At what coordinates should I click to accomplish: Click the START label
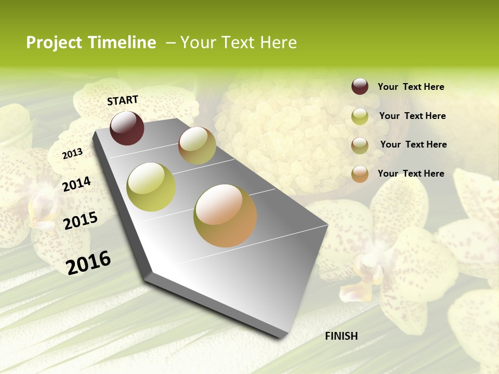[x=123, y=100]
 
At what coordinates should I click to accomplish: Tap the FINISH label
[x=341, y=336]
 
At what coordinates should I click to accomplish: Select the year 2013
[x=72, y=154]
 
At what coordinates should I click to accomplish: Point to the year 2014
[x=76, y=184]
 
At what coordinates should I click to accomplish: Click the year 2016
[x=88, y=262]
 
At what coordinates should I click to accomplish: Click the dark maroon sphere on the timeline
[x=127, y=128]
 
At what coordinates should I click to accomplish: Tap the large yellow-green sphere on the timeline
[x=151, y=187]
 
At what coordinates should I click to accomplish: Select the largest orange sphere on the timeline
[x=225, y=216]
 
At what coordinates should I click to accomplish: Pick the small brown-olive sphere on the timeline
[x=197, y=145]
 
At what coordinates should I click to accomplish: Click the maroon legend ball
[x=360, y=86]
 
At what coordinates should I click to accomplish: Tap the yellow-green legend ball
[x=360, y=116]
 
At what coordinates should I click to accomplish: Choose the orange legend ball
[x=360, y=174]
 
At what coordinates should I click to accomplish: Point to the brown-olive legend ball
[x=360, y=145]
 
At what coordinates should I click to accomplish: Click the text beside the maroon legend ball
[x=411, y=87]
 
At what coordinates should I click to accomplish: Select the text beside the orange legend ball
[x=411, y=173]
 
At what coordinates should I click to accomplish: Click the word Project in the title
[x=54, y=43]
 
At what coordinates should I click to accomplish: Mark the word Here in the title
[x=278, y=43]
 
